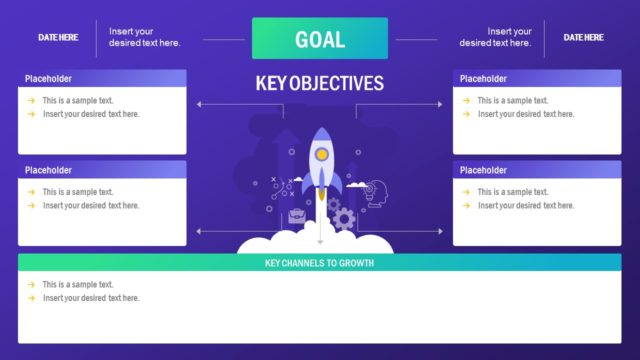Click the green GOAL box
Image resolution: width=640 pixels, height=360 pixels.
tap(319, 39)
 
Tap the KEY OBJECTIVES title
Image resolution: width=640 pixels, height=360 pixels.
tap(319, 84)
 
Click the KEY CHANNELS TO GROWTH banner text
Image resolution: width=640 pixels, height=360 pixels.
tap(319, 264)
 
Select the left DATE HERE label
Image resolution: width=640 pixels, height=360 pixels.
tap(58, 37)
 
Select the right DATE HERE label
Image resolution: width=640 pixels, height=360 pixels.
tap(583, 37)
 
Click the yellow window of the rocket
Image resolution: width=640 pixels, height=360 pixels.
tap(321, 155)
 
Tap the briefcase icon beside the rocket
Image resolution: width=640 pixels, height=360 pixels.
tap(297, 215)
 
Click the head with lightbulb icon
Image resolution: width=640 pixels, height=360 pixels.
tap(375, 190)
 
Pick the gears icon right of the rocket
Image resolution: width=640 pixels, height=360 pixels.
tap(343, 217)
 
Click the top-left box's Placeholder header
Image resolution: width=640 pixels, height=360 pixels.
tap(48, 78)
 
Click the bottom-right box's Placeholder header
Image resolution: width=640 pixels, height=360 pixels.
tap(483, 170)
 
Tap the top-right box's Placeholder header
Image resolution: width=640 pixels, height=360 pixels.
tap(483, 78)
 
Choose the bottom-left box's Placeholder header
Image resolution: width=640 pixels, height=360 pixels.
tap(48, 170)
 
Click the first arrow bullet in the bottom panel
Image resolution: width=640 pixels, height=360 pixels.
tap(31, 285)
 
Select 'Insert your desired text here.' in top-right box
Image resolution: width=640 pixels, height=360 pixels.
tap(525, 114)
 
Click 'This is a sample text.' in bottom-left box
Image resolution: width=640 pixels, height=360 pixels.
tap(78, 192)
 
